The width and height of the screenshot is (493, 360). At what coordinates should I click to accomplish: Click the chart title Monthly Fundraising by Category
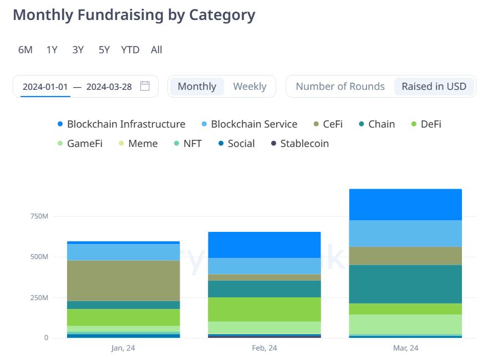click(x=134, y=15)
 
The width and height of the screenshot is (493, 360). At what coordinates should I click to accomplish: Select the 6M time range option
click(x=26, y=50)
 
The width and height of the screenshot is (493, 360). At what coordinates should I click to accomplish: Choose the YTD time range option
click(x=130, y=50)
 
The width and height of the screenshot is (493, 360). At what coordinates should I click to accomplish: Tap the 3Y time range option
click(x=78, y=50)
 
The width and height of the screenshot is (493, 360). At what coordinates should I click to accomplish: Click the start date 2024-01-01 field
click(x=45, y=87)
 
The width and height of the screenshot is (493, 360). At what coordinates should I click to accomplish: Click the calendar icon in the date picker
click(x=145, y=86)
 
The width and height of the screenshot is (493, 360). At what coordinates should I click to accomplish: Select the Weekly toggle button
click(x=250, y=87)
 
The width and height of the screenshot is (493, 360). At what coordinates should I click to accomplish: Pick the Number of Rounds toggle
click(x=340, y=87)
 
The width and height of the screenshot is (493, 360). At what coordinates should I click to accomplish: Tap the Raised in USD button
click(x=434, y=87)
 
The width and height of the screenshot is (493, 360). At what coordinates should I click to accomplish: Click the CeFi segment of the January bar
click(x=123, y=281)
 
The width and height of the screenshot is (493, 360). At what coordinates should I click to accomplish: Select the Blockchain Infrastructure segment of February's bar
click(x=264, y=245)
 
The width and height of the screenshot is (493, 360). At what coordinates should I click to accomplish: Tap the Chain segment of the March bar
click(x=405, y=284)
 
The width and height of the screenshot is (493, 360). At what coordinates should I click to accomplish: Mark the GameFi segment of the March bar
click(x=405, y=324)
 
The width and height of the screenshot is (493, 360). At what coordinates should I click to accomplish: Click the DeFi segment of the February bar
click(x=264, y=310)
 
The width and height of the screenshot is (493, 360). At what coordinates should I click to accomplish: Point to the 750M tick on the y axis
click(x=39, y=216)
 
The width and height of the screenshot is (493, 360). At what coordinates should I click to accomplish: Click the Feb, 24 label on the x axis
click(x=264, y=348)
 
